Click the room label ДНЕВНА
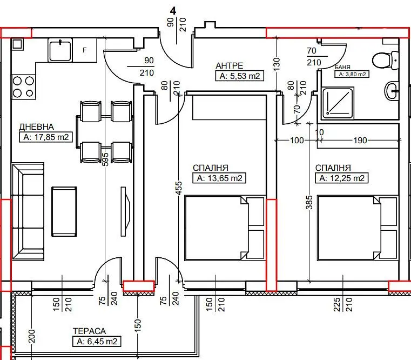point(36,127)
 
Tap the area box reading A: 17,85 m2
point(46,137)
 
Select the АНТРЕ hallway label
point(230,65)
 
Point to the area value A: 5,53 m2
point(240,76)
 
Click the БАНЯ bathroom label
point(342,67)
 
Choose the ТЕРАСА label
point(89,331)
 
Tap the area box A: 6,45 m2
point(97,342)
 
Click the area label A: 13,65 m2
point(219,178)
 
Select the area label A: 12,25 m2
point(342,178)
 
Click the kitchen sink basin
point(60,50)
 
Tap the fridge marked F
point(84,50)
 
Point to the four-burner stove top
point(24,87)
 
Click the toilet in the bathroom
point(386,61)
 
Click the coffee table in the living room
point(64,212)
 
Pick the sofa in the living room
point(28,211)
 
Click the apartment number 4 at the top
point(173,11)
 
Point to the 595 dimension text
point(105,159)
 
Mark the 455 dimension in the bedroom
point(178,188)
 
